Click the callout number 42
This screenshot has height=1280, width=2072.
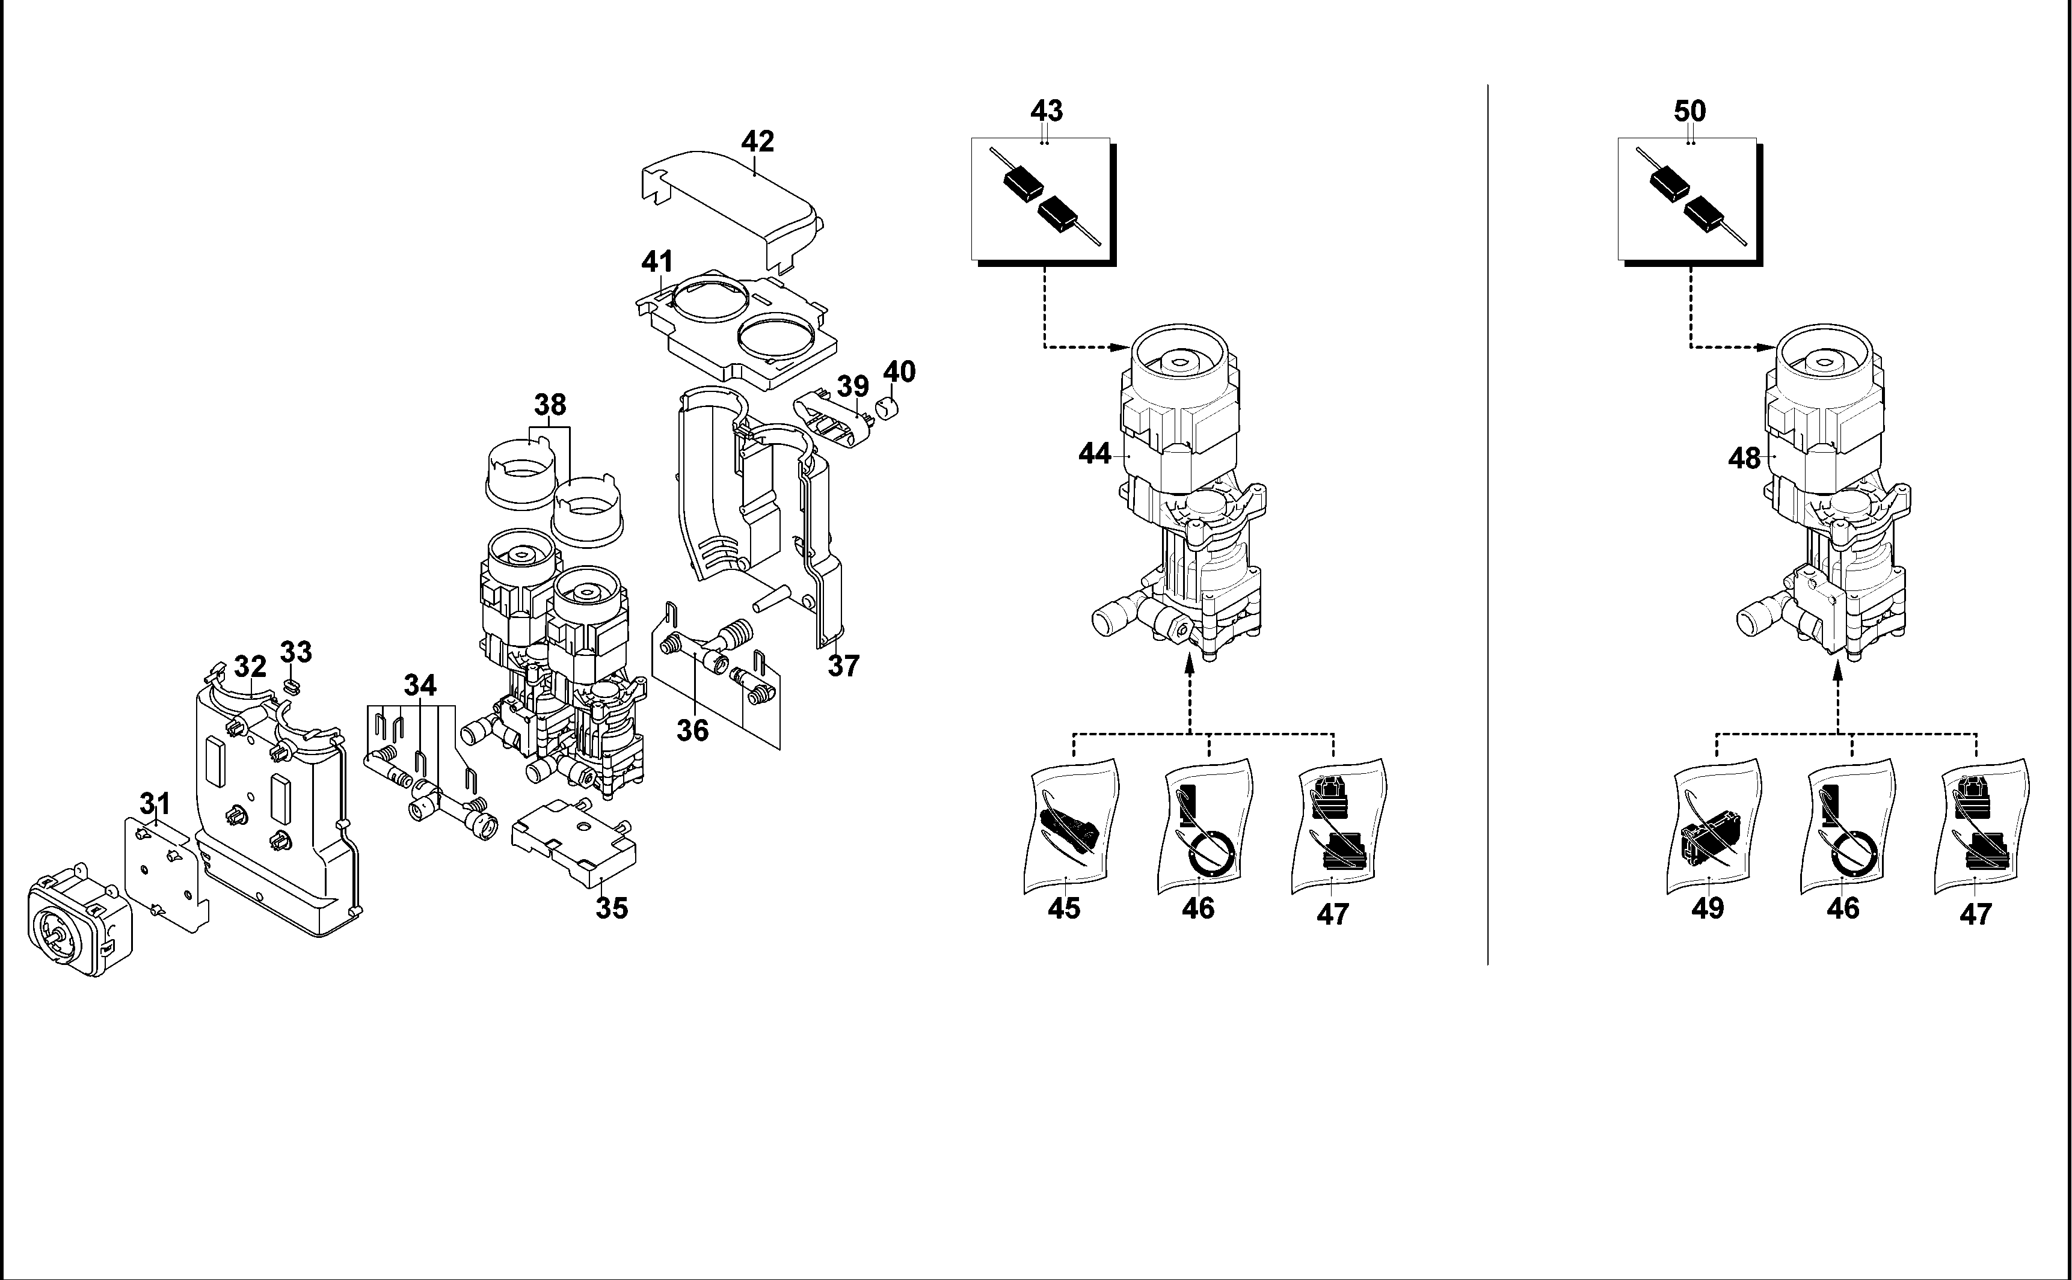click(x=757, y=141)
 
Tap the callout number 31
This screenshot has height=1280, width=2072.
click(x=155, y=803)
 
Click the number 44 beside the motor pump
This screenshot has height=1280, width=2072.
click(x=1095, y=455)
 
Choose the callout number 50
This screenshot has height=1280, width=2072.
click(x=1690, y=111)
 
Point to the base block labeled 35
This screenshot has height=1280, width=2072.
click(x=575, y=842)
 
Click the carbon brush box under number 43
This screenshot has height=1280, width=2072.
click(x=1043, y=201)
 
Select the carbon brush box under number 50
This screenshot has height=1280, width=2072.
click(x=1690, y=201)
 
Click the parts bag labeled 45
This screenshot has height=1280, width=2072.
click(x=1071, y=826)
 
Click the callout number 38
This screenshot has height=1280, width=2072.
click(x=550, y=405)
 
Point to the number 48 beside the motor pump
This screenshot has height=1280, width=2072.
click(x=1744, y=459)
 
